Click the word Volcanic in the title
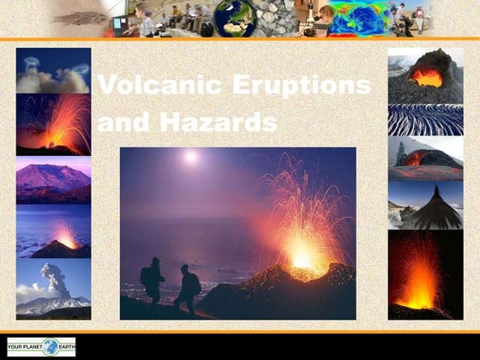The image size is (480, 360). pyautogui.click(x=150, y=86)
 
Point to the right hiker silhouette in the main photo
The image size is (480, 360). pyautogui.click(x=188, y=288)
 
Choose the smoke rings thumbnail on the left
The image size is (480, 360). pyautogui.click(x=53, y=71)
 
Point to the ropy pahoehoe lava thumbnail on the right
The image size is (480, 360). pyautogui.click(x=425, y=120)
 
